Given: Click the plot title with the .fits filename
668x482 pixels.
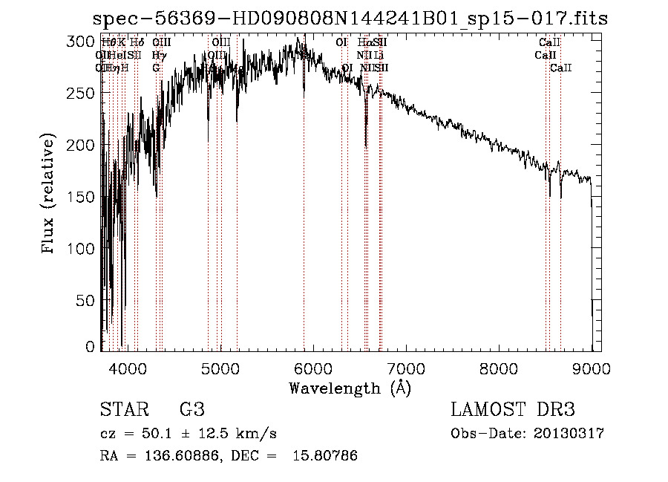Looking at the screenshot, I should coord(350,19).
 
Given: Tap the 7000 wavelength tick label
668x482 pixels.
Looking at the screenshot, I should coord(405,368).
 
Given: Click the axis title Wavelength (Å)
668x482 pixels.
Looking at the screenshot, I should coord(350,388).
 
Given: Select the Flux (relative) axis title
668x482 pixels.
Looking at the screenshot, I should coord(50,195).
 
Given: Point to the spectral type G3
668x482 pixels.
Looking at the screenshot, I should coord(191,410).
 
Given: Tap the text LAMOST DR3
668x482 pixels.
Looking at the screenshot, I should coord(513,410).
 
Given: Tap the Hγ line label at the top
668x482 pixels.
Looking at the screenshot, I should coord(157,55).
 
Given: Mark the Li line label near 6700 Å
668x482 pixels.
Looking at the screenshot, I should coord(379,55).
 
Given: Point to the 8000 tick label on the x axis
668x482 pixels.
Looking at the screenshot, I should coord(498,368).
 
